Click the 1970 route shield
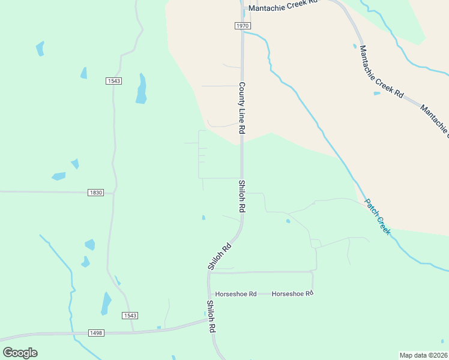coord(242,26)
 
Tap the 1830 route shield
coord(96,193)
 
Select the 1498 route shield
coord(96,333)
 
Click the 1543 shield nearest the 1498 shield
coord(130,316)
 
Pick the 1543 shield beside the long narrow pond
coord(113,81)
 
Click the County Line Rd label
coord(243,108)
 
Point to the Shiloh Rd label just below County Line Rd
coord(243,196)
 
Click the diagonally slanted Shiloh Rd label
coord(219,256)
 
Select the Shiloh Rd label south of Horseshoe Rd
coord(211,317)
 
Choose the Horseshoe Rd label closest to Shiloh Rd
coord(236,294)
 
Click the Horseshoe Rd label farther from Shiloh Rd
coord(293,294)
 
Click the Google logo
coord(20,353)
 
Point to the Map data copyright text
coord(424,355)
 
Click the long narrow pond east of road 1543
coord(142,89)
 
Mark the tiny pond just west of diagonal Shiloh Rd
coord(203,217)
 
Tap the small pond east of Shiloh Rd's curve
coord(288,221)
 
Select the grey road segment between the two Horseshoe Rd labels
coord(264,294)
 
